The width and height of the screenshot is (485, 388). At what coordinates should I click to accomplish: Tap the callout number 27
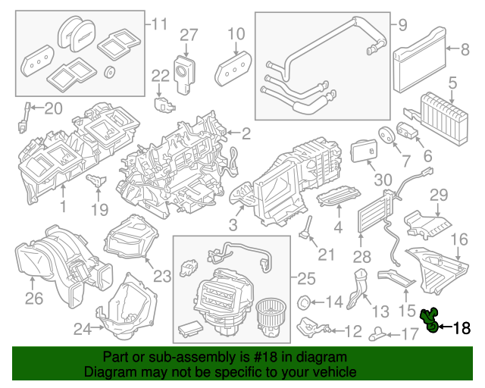pos(188,34)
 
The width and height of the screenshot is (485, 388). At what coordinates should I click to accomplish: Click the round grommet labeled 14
pos(307,302)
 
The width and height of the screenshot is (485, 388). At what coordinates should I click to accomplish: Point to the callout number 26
pos(33,298)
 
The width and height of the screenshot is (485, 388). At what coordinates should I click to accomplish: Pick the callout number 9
pos(402,25)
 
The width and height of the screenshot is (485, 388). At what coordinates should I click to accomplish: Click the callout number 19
pos(99,208)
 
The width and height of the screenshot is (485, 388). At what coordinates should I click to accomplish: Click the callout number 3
pos(233,225)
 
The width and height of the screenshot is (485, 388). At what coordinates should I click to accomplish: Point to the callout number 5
pos(452,81)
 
